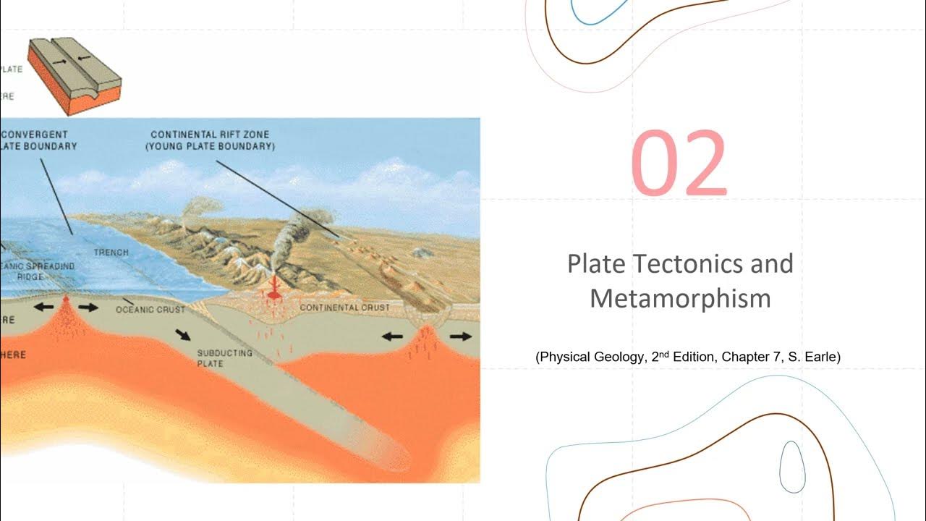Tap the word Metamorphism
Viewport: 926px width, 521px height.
[680, 298]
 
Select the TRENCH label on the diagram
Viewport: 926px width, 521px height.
[111, 253]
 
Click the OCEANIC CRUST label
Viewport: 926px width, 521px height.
[150, 310]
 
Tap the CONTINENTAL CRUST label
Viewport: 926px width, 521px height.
[344, 308]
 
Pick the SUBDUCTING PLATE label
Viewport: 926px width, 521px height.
[224, 357]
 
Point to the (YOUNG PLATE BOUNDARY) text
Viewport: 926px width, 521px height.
[211, 146]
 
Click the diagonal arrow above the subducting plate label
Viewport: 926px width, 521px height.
[183, 334]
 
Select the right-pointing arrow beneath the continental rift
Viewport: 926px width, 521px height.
[459, 336]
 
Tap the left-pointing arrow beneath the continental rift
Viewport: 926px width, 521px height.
[392, 336]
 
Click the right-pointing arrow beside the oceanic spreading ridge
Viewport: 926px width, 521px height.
[89, 307]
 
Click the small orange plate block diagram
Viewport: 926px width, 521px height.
[74, 75]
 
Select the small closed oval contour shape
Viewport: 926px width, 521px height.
[792, 467]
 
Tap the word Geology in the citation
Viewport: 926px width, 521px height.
[614, 357]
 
